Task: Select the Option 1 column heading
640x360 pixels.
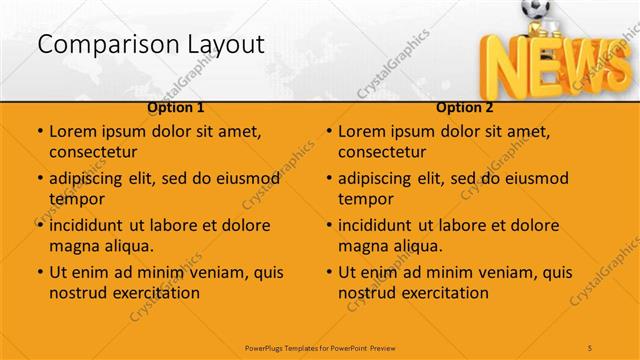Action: tap(176, 107)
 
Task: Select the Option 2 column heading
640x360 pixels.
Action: tap(465, 107)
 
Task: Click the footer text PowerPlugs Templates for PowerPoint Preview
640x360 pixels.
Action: tap(319, 347)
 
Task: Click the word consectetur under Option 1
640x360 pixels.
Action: tap(93, 153)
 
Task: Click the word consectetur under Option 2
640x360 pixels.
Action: tap(382, 153)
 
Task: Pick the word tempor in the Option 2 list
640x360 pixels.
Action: tap(366, 199)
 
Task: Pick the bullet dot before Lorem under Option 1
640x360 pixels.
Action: tap(39, 131)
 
